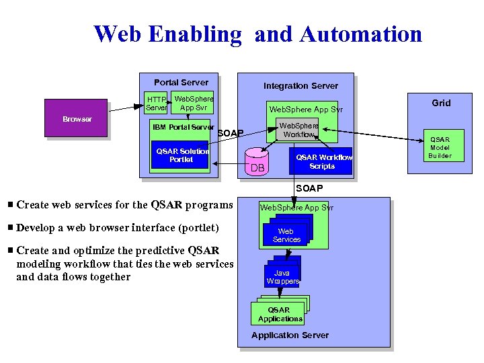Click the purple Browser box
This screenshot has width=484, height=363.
coord(76,118)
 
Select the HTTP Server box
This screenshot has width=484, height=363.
coord(157,104)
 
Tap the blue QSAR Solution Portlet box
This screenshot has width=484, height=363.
coord(182,155)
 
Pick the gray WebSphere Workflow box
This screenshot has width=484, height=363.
coord(298,130)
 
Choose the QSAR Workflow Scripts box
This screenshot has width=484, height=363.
coord(321,161)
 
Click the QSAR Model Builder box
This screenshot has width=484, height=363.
coord(440,147)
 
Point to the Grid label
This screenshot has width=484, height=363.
coord(441,103)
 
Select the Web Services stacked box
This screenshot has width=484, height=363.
coord(286,235)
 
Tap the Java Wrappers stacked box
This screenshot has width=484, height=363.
coord(282,276)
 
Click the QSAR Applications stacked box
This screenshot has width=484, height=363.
coord(278,314)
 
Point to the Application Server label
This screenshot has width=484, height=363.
coord(290,335)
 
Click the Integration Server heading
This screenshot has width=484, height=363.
coord(300,85)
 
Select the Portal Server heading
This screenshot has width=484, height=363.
coord(181,82)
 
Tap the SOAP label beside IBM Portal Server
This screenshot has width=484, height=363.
coord(231,133)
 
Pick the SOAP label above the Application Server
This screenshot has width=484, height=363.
coord(309,188)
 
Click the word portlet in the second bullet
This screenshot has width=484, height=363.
coord(201,228)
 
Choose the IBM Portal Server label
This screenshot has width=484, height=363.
coord(184,127)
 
